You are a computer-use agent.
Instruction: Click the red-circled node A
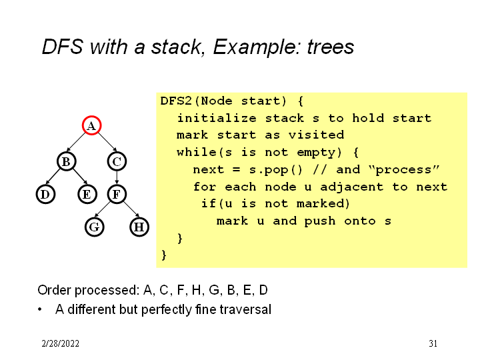tap(91, 125)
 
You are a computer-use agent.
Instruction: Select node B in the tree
tap(66, 161)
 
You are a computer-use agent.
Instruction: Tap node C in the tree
tap(117, 161)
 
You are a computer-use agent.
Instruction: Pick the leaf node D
tap(45, 194)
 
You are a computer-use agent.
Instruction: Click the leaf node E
tap(86, 194)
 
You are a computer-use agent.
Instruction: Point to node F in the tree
tap(117, 194)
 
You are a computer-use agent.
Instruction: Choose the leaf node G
tap(95, 227)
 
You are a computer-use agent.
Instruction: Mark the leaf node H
tap(139, 227)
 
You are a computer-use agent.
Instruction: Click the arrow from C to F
tap(117, 177)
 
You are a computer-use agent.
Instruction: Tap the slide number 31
tap(433, 344)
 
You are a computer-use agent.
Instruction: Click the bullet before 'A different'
tap(41, 310)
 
